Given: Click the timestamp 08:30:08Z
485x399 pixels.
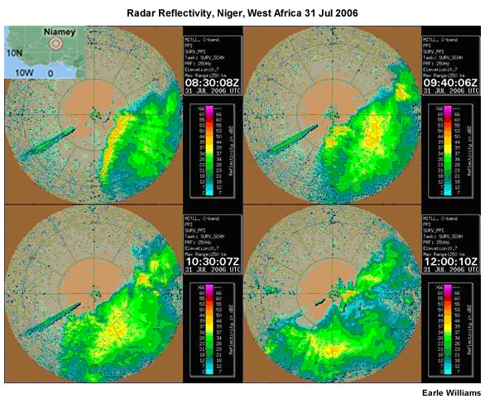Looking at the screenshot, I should click(x=212, y=82).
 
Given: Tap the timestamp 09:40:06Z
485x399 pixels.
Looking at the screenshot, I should click(x=452, y=82).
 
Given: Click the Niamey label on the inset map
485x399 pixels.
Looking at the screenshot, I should click(x=60, y=32).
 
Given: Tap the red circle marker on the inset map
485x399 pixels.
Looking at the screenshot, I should click(x=55, y=44).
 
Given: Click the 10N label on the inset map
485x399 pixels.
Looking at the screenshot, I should click(x=15, y=53).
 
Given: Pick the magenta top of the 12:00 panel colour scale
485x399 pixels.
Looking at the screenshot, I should click(x=436, y=289).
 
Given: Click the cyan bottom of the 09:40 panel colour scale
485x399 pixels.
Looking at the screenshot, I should click(x=436, y=189).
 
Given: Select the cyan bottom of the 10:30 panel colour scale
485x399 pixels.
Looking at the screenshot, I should click(x=197, y=369).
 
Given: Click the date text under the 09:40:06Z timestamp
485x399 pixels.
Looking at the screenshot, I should click(x=451, y=92).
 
